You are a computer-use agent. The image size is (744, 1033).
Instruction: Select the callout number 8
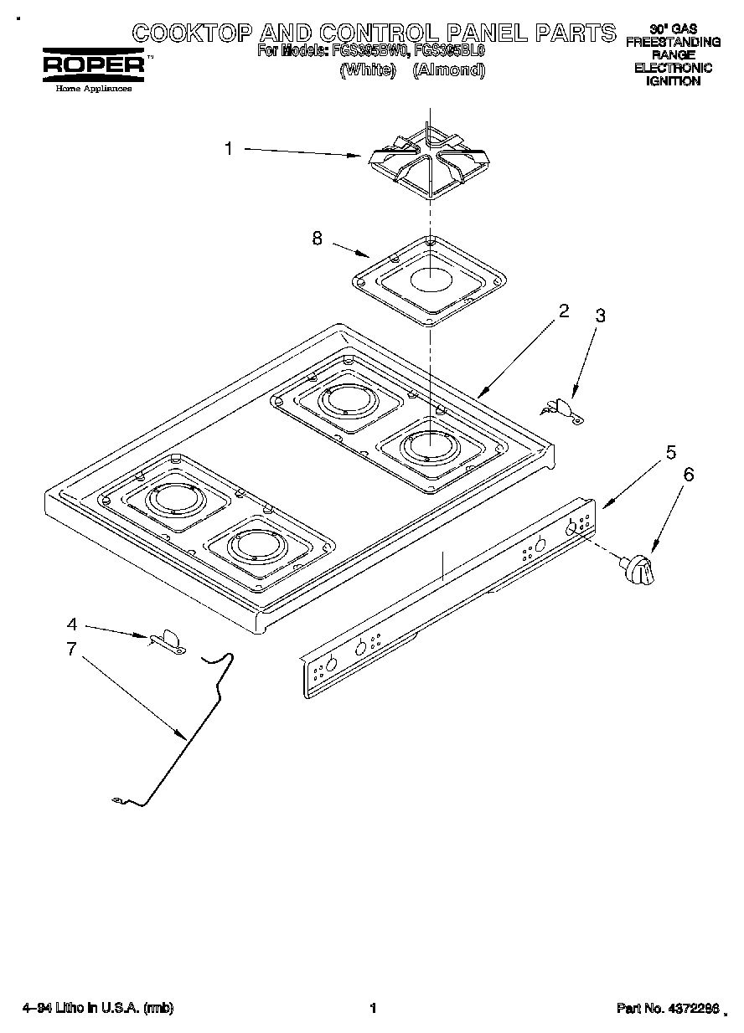click(317, 238)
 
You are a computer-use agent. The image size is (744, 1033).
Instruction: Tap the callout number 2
click(563, 311)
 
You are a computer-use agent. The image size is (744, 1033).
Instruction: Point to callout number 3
click(600, 316)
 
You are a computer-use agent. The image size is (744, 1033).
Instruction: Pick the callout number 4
click(72, 624)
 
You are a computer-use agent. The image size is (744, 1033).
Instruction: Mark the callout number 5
click(671, 452)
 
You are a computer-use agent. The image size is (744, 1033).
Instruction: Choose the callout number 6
click(689, 474)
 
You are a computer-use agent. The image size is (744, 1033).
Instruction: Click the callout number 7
click(72, 648)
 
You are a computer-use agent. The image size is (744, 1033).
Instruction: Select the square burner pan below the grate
click(429, 280)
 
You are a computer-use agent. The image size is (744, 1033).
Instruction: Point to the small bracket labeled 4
click(168, 640)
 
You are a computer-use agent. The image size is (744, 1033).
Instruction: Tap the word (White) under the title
click(367, 70)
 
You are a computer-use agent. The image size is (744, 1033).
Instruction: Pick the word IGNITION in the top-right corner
click(673, 81)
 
